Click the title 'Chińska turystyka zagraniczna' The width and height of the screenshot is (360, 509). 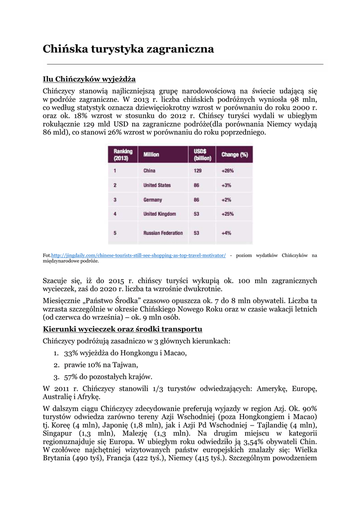coord(128,49)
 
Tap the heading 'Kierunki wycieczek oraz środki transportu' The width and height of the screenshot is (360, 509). coord(122,329)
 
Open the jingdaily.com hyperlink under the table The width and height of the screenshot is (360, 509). coord(138,255)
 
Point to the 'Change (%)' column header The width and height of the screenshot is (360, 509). coord(235,155)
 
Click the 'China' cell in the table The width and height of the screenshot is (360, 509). coord(149,170)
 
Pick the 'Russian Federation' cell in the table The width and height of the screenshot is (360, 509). coord(163,233)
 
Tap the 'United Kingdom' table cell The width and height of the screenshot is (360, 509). coord(160,214)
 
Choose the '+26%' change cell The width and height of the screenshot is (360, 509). coord(228,170)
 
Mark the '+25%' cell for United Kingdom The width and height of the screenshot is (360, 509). coord(228,214)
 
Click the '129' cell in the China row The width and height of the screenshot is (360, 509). coord(198,170)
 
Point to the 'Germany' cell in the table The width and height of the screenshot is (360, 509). coord(153,200)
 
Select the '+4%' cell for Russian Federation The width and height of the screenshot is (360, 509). coord(227,233)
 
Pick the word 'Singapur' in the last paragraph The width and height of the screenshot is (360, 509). coord(56,433)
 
